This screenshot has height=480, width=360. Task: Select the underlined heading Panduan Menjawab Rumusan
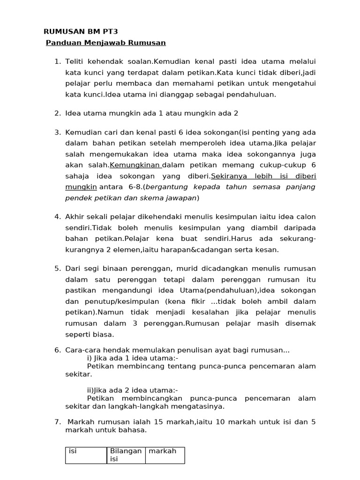click(106, 43)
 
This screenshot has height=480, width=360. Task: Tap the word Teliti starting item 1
click(76, 61)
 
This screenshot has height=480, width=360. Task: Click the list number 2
click(57, 113)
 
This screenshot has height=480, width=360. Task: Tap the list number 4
click(57, 217)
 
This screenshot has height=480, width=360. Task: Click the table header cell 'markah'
click(163, 451)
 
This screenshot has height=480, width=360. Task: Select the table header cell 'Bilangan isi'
click(125, 455)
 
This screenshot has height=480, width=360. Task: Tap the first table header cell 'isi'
click(73, 451)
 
